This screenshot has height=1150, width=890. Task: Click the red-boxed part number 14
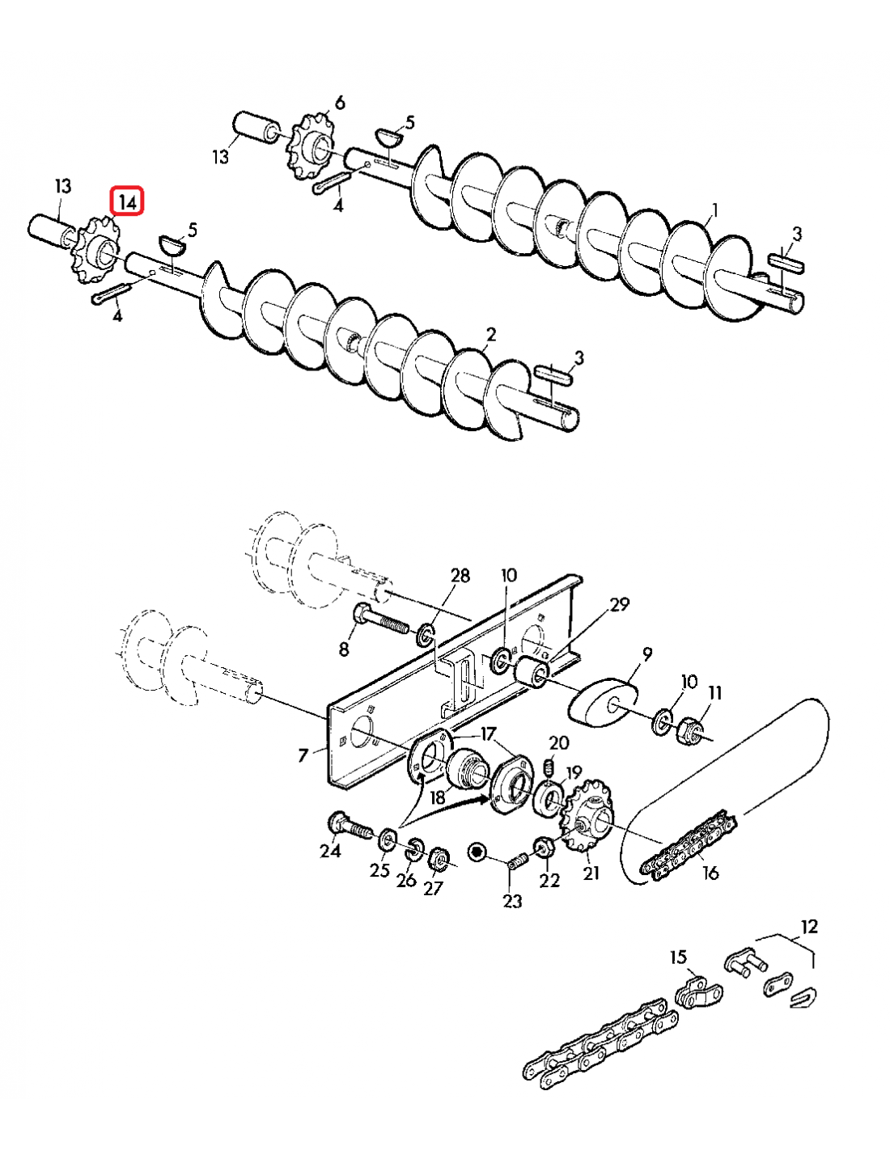point(127,201)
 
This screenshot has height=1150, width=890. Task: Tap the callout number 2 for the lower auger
point(490,335)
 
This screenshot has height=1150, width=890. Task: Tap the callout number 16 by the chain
point(710,873)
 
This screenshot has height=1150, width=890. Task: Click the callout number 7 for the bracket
point(303,755)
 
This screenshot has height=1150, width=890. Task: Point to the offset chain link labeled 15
point(696,991)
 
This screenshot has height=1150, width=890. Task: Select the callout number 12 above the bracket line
point(809,927)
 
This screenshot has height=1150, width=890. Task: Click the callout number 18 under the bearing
point(438,797)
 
